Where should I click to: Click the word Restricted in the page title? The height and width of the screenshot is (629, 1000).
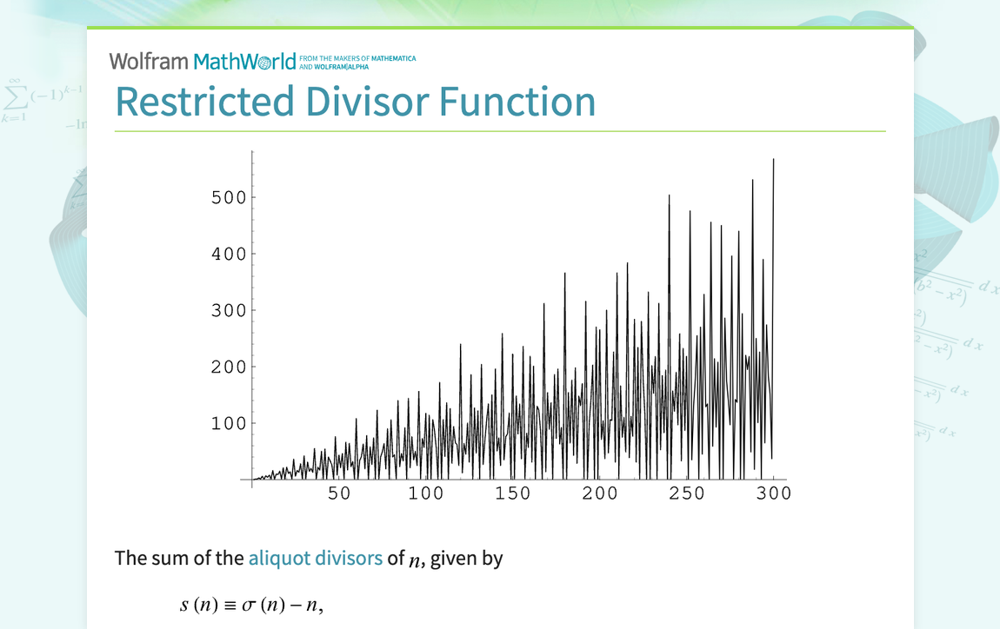pos(204,101)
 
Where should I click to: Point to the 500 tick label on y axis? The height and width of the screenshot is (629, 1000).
pos(228,197)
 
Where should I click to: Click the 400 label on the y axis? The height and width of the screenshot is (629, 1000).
pos(228,254)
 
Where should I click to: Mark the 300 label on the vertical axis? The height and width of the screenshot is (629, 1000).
pos(228,310)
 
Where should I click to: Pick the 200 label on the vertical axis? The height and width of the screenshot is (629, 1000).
pos(228,367)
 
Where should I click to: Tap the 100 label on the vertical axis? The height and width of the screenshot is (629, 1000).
pos(228,423)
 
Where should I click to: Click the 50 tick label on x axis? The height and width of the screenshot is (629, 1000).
pos(338,493)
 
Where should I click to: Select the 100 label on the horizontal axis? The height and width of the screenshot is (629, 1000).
pos(425,493)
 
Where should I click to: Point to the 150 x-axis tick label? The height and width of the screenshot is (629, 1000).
pos(512,493)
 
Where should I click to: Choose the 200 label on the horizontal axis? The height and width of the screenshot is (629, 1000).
pos(599,493)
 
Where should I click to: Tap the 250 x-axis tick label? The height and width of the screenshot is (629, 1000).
pos(686,493)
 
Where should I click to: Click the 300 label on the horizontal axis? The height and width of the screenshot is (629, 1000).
pos(773,493)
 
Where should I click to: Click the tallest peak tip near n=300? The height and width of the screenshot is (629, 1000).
pos(773,160)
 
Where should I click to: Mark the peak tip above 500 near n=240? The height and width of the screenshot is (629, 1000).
pos(669,195)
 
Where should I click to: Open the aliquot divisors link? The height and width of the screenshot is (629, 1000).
pos(315,558)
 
